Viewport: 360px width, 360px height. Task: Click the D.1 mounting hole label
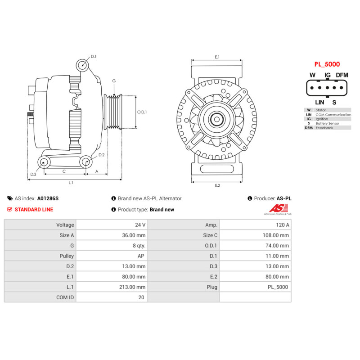click(x=94, y=57)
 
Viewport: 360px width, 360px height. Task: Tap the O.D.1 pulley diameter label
click(x=142, y=112)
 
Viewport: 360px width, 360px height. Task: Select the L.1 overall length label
click(x=71, y=183)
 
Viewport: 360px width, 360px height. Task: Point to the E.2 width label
click(x=217, y=185)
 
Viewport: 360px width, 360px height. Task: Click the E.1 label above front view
click(x=217, y=57)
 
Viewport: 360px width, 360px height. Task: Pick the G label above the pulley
click(x=114, y=81)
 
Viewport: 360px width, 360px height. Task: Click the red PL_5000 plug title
click(x=327, y=64)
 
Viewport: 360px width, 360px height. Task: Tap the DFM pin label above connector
click(x=342, y=75)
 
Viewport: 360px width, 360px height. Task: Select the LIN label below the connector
click(x=319, y=102)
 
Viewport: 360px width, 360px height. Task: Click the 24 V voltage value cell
click(x=140, y=225)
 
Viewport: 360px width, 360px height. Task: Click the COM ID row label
click(x=65, y=297)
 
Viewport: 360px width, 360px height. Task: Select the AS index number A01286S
click(x=48, y=198)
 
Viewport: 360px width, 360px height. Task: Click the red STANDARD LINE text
click(x=34, y=209)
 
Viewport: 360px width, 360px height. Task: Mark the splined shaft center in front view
click(x=217, y=119)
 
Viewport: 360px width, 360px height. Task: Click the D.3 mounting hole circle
click(x=44, y=162)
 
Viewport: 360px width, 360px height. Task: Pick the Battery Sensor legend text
click(x=327, y=123)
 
